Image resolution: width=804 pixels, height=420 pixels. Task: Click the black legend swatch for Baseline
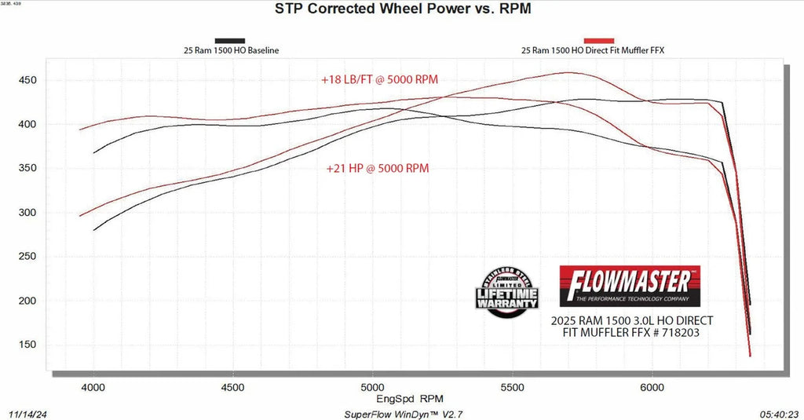coord(230,40)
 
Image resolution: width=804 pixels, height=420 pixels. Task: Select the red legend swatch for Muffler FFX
coord(598,40)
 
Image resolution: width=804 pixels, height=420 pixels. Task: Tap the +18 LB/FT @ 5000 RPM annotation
coord(378,80)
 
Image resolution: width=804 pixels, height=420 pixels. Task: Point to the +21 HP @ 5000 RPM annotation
coord(378,168)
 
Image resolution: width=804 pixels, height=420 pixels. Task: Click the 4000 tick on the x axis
coord(93,387)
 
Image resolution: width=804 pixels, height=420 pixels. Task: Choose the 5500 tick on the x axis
coord(513,387)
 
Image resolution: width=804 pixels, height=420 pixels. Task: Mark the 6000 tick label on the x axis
coord(652,387)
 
